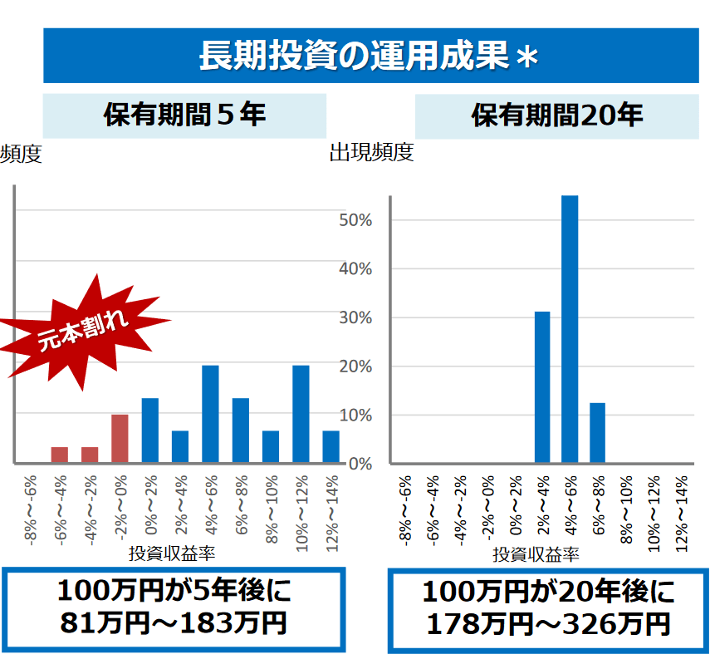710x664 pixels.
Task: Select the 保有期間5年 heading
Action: [184, 115]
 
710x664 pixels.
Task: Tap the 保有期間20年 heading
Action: [557, 115]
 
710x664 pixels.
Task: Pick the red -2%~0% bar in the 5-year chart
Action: [120, 439]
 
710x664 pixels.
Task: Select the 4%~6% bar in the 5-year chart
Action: [210, 414]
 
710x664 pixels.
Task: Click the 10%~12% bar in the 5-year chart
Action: [301, 414]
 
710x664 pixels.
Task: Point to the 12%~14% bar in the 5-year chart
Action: [331, 446]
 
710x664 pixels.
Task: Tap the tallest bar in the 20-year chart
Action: [570, 329]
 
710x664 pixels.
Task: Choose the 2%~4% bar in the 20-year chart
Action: [542, 387]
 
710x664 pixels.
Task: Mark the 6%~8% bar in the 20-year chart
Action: [598, 433]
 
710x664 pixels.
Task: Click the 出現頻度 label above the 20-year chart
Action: [371, 153]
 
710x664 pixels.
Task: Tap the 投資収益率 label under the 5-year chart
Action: [172, 553]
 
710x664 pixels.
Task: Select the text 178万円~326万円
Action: [547, 623]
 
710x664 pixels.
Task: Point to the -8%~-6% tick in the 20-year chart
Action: [406, 509]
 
